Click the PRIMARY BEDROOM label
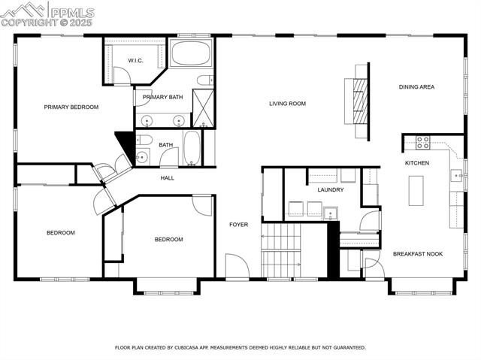(71, 107)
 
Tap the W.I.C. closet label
(135, 60)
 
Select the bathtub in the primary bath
(191, 54)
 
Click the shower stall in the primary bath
(203, 107)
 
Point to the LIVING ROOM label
(287, 104)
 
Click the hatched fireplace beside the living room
(362, 101)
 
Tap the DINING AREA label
(416, 87)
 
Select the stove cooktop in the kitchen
(423, 142)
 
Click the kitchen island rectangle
(416, 190)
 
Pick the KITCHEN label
(417, 163)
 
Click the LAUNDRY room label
(331, 189)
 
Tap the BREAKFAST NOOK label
(418, 254)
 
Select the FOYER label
(238, 224)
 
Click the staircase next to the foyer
(281, 250)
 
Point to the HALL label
(167, 178)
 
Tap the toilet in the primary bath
(204, 80)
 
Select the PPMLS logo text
(72, 11)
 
